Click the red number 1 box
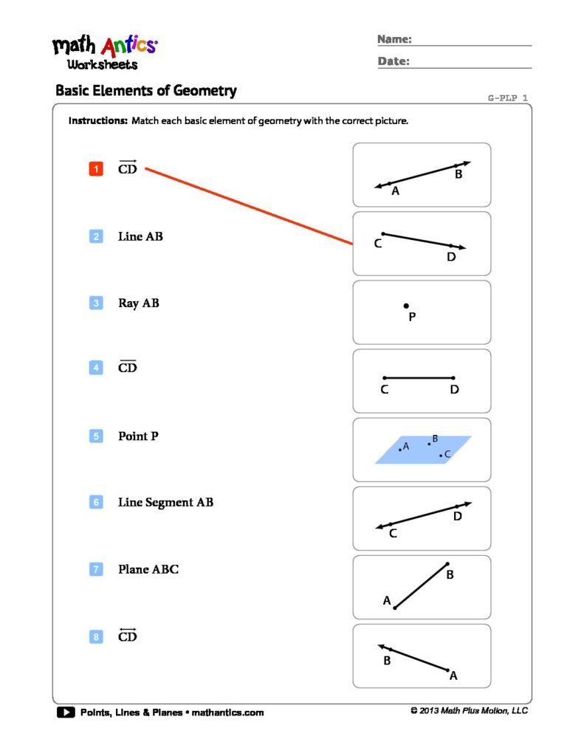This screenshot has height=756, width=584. (96, 170)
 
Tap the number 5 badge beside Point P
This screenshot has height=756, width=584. (96, 436)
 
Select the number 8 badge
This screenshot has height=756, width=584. (96, 636)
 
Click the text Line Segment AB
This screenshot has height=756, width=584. (165, 503)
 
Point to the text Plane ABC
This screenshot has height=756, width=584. (148, 569)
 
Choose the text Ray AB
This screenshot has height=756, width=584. (138, 303)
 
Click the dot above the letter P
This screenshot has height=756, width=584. (405, 306)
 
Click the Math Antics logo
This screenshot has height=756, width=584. (104, 52)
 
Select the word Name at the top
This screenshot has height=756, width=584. (394, 39)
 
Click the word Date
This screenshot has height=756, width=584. (394, 61)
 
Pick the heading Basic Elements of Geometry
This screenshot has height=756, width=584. (146, 91)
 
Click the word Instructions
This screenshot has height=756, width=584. (97, 121)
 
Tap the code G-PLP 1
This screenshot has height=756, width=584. (507, 97)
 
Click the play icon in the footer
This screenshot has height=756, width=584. (65, 712)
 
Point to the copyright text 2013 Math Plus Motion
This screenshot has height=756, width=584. (469, 711)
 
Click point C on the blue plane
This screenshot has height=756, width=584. (442, 455)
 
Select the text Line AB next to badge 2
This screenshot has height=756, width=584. (140, 236)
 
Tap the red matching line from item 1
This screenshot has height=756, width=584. (249, 206)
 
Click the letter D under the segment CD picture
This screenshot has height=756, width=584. (454, 389)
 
